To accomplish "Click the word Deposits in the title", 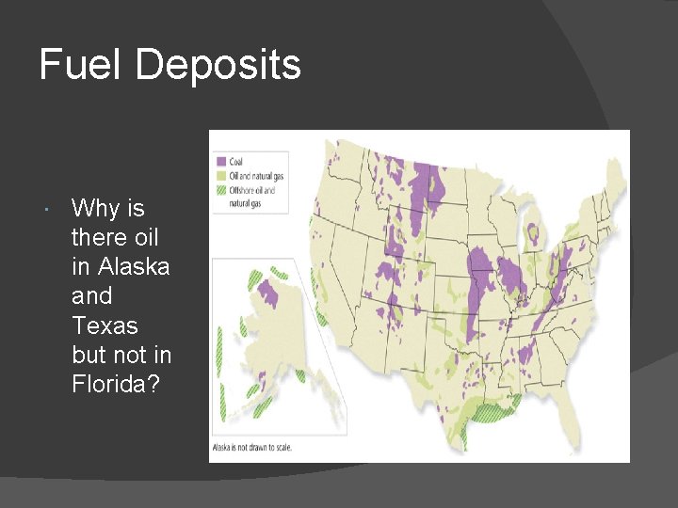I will tap(218, 65).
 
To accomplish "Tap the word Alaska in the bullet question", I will tap(121, 266).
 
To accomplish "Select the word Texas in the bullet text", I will tap(105, 325).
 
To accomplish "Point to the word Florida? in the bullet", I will tap(109, 385).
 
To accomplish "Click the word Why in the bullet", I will tap(95, 207).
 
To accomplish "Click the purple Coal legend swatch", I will tap(221, 162).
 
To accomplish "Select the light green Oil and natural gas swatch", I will tap(221, 176).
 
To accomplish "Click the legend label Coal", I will tap(236, 162).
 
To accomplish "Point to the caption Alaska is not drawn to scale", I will tap(251, 447).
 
